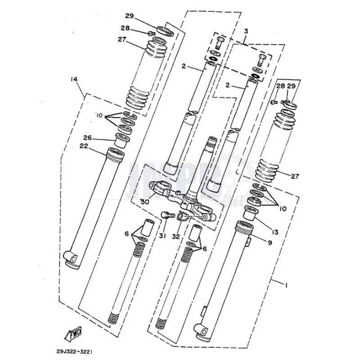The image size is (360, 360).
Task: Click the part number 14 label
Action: (x=74, y=80)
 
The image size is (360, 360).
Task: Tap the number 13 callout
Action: (x=275, y=232)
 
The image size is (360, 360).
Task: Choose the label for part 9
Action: (x=270, y=243)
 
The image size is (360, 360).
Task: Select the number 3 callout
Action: (x=246, y=31)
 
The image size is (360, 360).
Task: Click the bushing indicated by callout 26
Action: (x=121, y=141)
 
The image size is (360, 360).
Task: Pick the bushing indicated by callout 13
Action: (x=249, y=212)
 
